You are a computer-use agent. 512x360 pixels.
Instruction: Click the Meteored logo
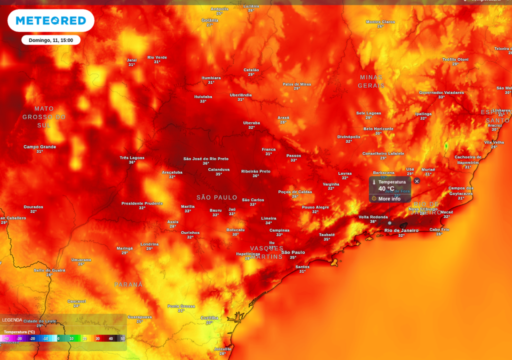pyautogui.click(x=50, y=20)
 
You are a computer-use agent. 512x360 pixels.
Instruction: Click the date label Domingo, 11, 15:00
pyautogui.click(x=50, y=40)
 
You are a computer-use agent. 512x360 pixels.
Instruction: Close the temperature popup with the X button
pyautogui.click(x=416, y=181)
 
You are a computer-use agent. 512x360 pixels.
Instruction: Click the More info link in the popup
pyautogui.click(x=389, y=198)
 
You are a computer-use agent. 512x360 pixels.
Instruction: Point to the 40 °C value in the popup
pyautogui.click(x=386, y=188)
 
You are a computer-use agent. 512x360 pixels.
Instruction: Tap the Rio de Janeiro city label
pyautogui.click(x=401, y=230)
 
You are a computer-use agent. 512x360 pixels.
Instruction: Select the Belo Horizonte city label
pyautogui.click(x=378, y=128)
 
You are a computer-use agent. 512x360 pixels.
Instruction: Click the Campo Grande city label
pyautogui.click(x=39, y=146)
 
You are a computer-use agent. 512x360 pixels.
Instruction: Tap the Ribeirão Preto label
pyautogui.click(x=255, y=171)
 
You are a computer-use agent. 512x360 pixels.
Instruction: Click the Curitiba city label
pyautogui.click(x=209, y=317)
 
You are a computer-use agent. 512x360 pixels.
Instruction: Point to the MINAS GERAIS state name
pyautogui.click(x=371, y=81)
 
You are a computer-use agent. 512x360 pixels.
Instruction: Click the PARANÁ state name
pyautogui.click(x=128, y=284)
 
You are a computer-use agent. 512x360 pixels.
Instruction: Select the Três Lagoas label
pyautogui.click(x=132, y=157)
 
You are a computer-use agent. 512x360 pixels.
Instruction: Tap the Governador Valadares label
pyautogui.click(x=441, y=92)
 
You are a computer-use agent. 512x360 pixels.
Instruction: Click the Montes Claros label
pyautogui.click(x=380, y=21)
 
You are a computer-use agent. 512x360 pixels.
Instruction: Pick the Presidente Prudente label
pyautogui.click(x=142, y=203)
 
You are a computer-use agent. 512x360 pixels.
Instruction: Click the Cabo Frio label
pyautogui.click(x=439, y=229)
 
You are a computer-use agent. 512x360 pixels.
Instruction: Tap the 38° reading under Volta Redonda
pyautogui.click(x=373, y=221)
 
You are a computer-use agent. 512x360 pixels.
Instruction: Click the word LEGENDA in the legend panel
pyautogui.click(x=12, y=320)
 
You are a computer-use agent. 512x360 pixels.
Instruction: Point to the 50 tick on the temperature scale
pyautogui.click(x=122, y=338)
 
